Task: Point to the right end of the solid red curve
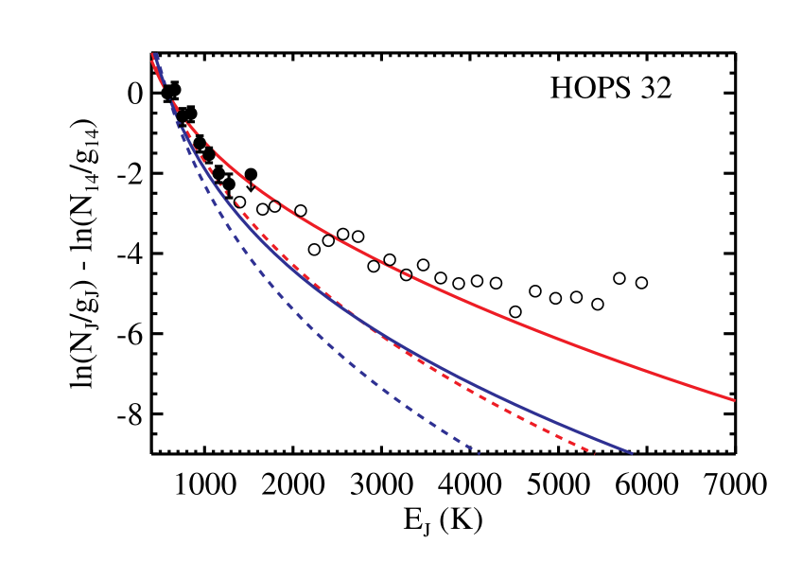[x=734, y=400]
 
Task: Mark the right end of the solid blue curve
[x=631, y=453]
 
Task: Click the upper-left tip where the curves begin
[x=153, y=55]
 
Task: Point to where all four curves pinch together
[x=168, y=95]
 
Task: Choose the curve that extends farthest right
[x=662, y=374]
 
